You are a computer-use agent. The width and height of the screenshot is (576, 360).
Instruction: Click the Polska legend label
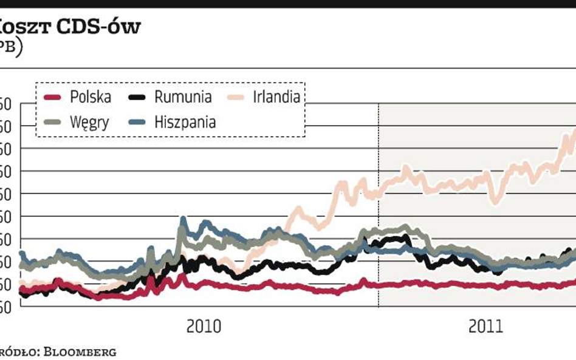91,97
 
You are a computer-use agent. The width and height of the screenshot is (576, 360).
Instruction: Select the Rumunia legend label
183,97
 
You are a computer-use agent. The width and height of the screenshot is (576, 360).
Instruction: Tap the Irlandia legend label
276,97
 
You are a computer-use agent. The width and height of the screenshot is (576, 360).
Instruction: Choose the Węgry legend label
89,122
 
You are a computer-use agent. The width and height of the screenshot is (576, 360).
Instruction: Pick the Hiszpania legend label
185,122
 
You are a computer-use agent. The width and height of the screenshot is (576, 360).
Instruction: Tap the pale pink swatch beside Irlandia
236,98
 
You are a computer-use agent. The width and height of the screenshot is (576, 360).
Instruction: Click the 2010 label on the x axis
204,326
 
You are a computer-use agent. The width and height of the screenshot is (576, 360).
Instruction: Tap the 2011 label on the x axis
486,326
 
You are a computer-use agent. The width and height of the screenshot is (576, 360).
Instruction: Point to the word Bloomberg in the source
85,351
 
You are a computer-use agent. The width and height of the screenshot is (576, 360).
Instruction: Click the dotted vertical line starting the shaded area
379,206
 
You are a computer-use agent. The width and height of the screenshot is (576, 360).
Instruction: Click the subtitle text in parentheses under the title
10,48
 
